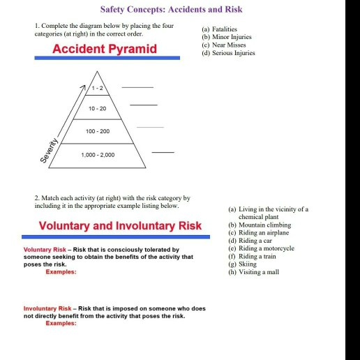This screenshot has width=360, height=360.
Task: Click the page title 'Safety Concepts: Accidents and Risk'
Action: (171, 10)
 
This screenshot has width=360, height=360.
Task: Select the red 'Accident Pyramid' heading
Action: (105, 48)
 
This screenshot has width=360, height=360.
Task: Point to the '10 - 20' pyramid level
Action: (98, 109)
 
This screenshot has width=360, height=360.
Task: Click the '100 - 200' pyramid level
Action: (98, 131)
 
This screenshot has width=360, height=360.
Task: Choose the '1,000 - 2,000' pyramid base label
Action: (98, 154)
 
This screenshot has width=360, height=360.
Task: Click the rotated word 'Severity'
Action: (49, 151)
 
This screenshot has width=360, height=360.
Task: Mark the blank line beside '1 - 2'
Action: (137, 87)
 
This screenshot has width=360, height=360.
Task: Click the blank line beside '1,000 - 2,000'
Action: (163, 151)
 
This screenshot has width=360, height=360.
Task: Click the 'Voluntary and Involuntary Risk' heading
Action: (120, 225)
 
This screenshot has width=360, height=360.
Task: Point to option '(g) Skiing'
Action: (242, 264)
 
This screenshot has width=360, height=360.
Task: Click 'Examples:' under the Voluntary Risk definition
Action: (61, 271)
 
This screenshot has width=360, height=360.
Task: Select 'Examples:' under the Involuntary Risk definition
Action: (61, 323)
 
